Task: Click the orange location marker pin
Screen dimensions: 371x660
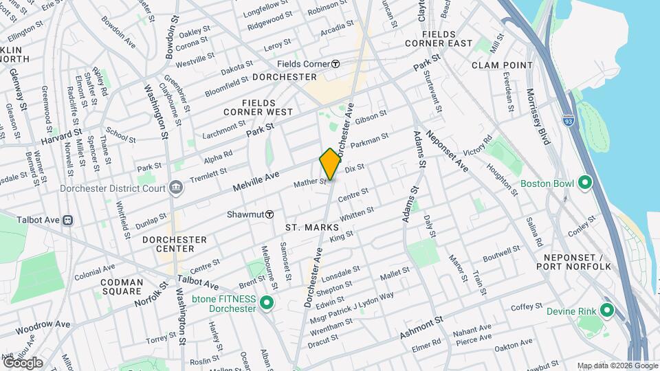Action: click(330, 164)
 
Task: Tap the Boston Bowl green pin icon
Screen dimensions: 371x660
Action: click(585, 183)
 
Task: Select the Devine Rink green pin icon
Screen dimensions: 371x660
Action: click(606, 311)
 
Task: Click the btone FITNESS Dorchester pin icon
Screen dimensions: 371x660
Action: click(267, 303)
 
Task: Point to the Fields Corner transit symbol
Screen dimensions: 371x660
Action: click(335, 64)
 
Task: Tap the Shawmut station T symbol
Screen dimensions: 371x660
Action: click(270, 214)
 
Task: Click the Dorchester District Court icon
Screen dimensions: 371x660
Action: click(176, 187)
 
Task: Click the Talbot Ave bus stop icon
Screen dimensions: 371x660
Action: click(67, 220)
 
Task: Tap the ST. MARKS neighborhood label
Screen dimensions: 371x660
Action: click(312, 227)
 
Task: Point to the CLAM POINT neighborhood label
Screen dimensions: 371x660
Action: click(502, 65)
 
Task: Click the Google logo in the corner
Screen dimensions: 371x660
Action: click(23, 362)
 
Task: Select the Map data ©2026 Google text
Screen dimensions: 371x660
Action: click(617, 366)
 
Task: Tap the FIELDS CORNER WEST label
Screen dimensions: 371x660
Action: click(258, 111)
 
